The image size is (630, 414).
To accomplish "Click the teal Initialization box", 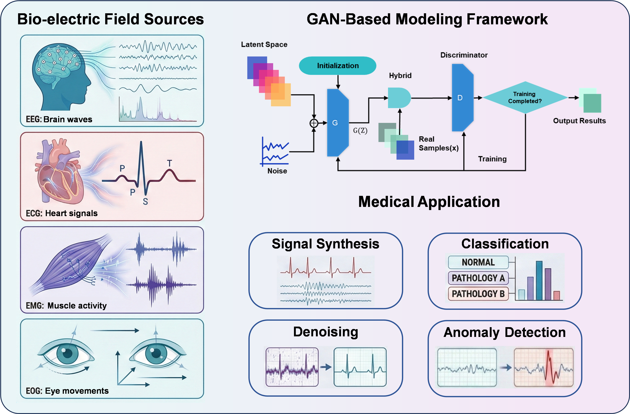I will point(338,66).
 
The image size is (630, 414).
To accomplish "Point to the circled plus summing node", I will point(314,123).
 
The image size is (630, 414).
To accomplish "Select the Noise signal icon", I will point(275,152).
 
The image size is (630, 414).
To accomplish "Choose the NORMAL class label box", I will point(478,262).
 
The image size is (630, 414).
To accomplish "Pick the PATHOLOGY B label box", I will point(478,294).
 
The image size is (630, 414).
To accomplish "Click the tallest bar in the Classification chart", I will point(539,280).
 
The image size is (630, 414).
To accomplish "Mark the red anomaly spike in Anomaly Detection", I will point(550,366).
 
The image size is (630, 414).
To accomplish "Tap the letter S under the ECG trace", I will point(145,202).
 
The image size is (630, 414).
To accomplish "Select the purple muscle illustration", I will point(71,265).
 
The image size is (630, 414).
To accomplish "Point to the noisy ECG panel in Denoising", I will point(292,367).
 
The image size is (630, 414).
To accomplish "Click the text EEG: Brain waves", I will point(59,119).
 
